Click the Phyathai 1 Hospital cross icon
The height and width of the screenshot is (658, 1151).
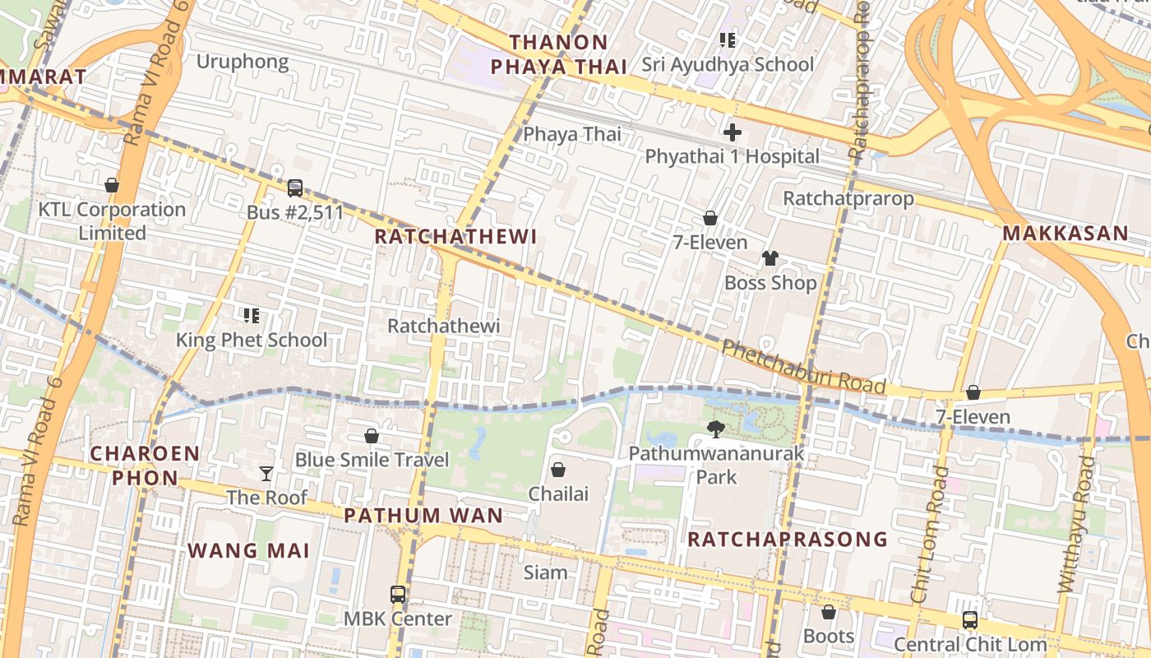[x=732, y=132]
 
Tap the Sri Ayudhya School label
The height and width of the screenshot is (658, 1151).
[x=728, y=64]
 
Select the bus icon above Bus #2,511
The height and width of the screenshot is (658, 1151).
[x=295, y=188]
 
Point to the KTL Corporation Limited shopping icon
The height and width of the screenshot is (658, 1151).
[x=112, y=185]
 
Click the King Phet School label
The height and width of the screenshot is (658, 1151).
[x=252, y=340]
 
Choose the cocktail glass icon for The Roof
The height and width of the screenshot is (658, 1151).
[x=266, y=473]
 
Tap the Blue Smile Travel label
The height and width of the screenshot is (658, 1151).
[x=372, y=460]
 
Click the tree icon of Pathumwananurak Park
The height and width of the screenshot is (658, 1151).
[x=716, y=429]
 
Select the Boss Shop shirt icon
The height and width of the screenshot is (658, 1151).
[x=770, y=258]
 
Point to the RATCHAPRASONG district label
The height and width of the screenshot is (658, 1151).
[x=787, y=539]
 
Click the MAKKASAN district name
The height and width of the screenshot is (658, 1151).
[x=1065, y=233]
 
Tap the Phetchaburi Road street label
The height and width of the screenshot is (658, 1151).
[x=803, y=368]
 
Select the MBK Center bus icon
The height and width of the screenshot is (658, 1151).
[x=398, y=594]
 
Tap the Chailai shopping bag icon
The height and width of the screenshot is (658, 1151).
[x=558, y=470]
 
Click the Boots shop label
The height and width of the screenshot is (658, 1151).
[x=829, y=637]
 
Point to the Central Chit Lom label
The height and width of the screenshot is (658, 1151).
[x=969, y=644]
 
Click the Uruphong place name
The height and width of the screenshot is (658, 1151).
[x=243, y=62]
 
